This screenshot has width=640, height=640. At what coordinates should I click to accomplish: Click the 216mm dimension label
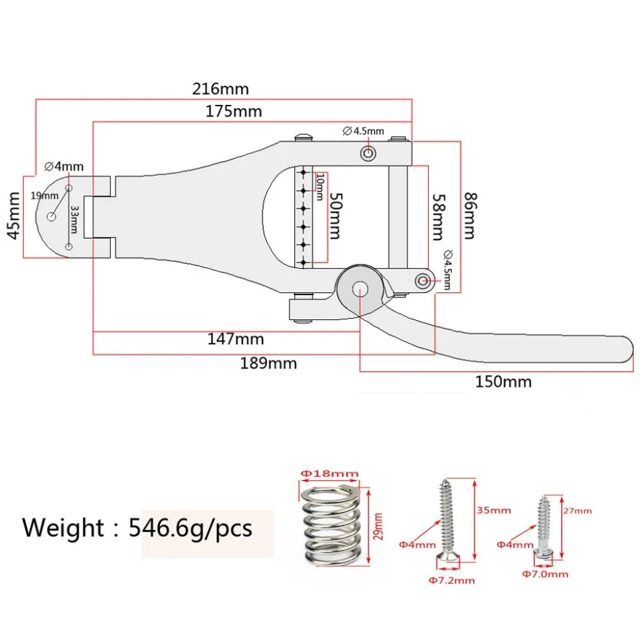click(x=220, y=88)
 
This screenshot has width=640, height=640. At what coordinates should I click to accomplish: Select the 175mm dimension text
click(x=234, y=111)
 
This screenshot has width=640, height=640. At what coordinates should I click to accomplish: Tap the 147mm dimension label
click(x=236, y=339)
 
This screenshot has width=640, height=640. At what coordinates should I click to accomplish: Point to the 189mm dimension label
click(x=268, y=363)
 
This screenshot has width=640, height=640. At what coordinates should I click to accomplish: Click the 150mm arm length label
click(x=503, y=381)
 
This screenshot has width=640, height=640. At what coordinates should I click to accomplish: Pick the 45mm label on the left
click(x=14, y=216)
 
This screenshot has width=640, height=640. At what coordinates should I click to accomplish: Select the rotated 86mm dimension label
click(x=470, y=216)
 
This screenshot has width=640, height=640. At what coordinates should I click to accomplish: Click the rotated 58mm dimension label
click(x=439, y=217)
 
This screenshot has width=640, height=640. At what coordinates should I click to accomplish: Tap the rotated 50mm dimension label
click(x=336, y=216)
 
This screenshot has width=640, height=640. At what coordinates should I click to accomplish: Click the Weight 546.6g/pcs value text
click(x=191, y=528)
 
